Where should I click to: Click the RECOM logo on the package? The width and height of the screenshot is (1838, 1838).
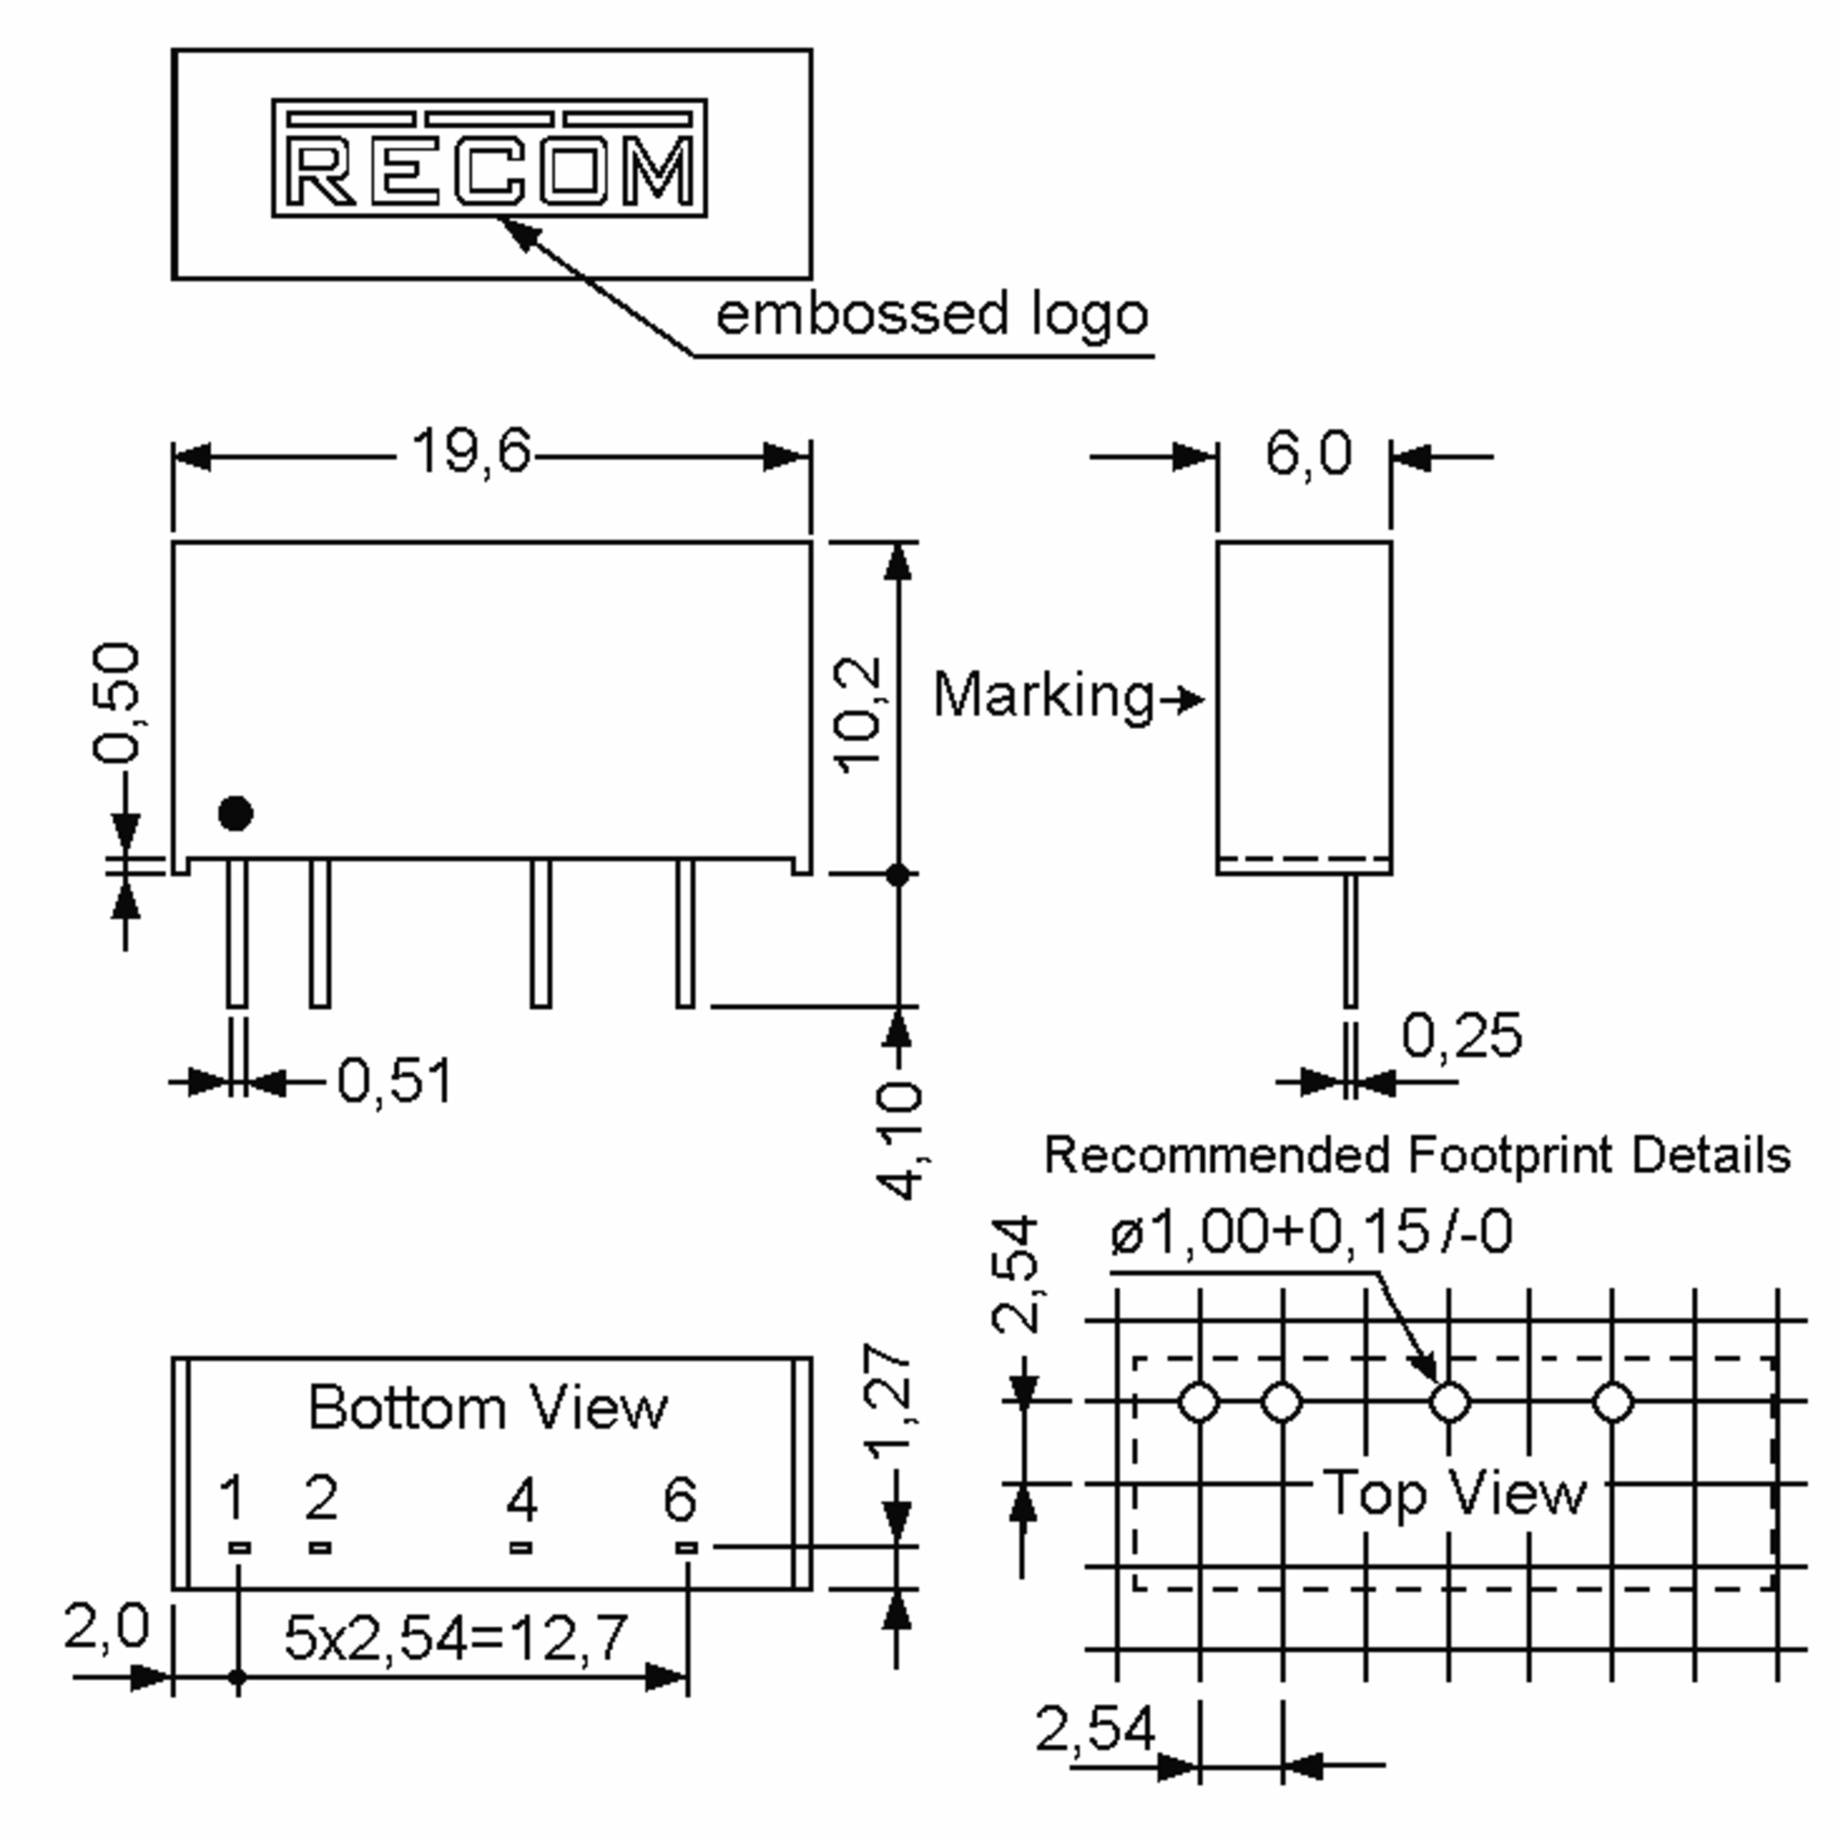(489, 158)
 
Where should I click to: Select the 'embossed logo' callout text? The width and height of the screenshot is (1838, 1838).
(932, 316)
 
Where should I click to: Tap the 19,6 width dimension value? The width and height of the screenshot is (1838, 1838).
(471, 451)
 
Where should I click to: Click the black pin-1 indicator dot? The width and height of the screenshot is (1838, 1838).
(235, 813)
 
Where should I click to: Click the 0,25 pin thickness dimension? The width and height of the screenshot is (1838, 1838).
(1461, 1035)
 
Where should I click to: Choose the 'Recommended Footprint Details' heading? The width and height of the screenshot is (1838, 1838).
(1418, 1156)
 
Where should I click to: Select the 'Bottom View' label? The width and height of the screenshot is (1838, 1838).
(488, 1408)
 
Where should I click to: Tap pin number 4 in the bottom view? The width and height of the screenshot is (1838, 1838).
(522, 1500)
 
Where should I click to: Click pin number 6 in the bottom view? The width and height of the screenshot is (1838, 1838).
(680, 1499)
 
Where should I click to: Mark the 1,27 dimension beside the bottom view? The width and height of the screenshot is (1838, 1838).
(888, 1401)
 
